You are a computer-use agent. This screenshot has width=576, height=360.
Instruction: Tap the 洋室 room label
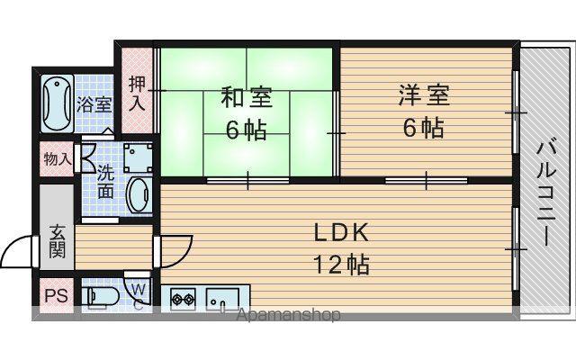point(424,94)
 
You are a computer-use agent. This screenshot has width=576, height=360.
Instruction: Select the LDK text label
point(341,233)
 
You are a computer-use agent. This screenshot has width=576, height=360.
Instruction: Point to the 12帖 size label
point(341,265)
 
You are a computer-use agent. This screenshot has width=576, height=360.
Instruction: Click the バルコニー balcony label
point(546,193)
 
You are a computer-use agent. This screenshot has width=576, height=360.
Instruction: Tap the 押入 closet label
point(138,94)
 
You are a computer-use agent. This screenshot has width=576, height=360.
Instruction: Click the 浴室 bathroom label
point(94,104)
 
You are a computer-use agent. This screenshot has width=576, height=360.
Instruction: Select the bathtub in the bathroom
point(57,103)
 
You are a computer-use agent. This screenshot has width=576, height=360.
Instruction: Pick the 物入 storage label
point(57,159)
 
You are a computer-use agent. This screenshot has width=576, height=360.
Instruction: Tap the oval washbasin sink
point(139,195)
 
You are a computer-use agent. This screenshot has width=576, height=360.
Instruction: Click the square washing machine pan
point(138,158)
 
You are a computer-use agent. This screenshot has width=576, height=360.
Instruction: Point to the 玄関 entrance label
point(58,241)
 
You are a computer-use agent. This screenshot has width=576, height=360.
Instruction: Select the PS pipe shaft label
point(57,296)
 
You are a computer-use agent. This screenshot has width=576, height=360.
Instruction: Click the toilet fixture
point(100,296)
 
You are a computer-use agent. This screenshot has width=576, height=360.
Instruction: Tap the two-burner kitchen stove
point(183,299)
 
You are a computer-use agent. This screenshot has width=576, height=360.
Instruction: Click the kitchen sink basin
point(222,299)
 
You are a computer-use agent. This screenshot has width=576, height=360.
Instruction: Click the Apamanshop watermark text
point(288,315)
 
